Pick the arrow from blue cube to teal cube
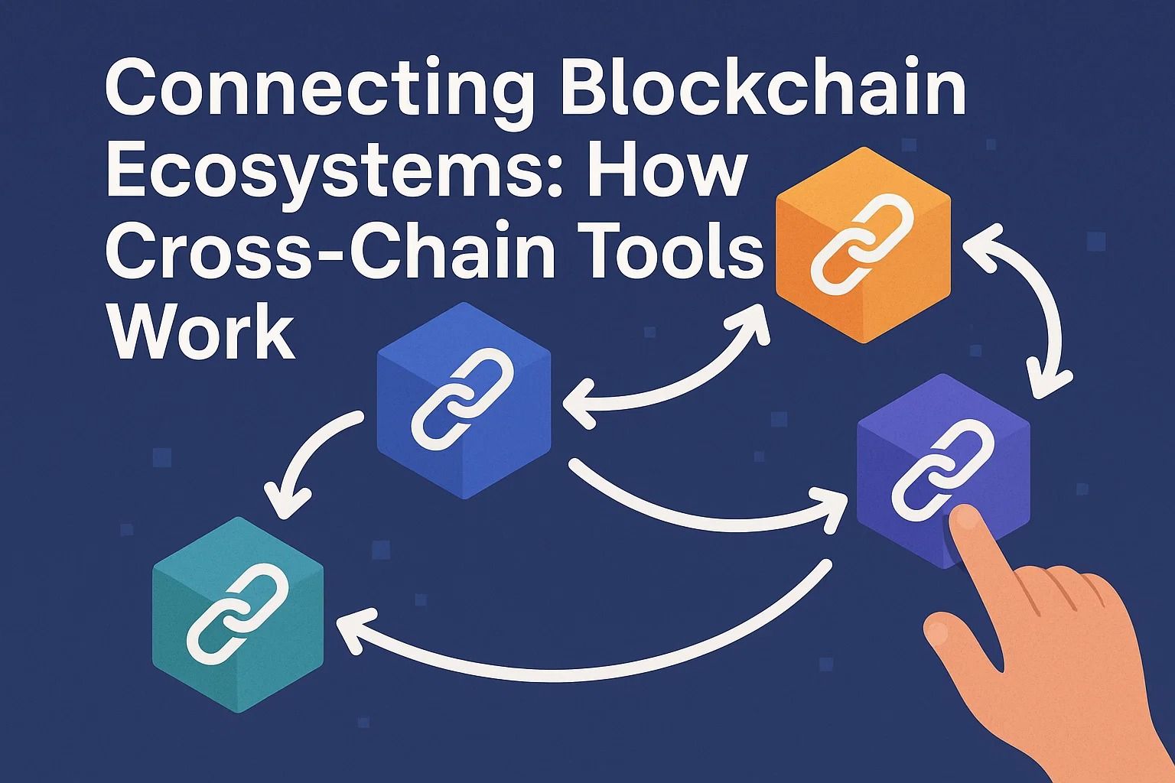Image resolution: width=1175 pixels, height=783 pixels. [306, 459]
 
